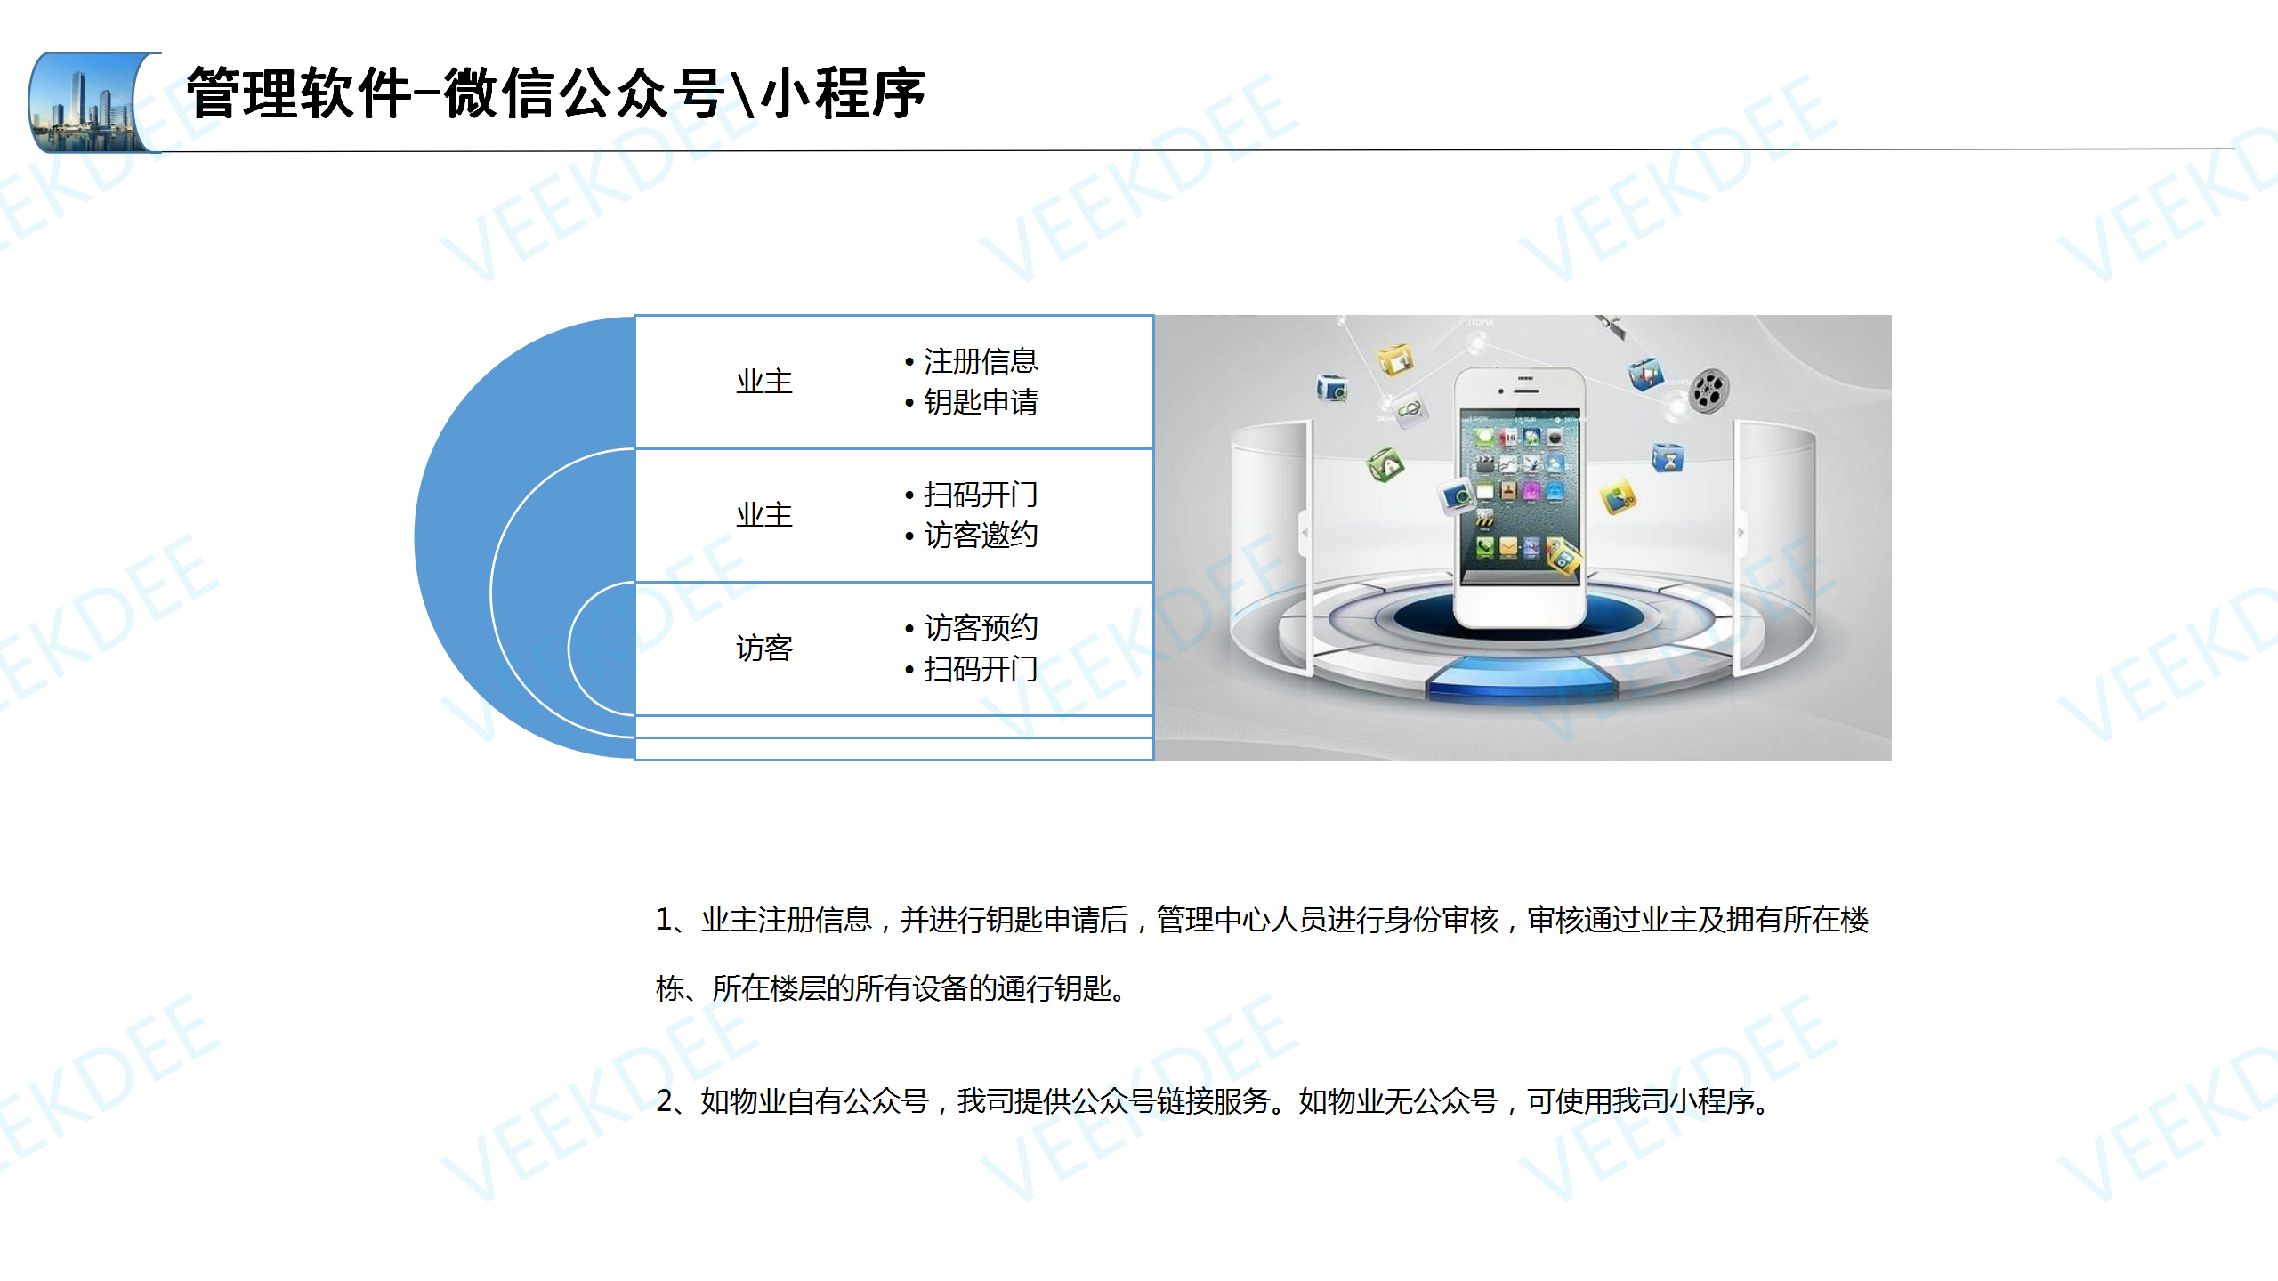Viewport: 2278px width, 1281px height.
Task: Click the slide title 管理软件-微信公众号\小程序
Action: (556, 93)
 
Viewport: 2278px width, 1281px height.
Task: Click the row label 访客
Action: (763, 648)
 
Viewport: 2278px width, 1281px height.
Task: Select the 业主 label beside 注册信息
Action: (763, 382)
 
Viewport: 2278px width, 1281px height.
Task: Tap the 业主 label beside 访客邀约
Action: (763, 515)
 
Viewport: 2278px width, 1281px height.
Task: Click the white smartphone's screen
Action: (1520, 496)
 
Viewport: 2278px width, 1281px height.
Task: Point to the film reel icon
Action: (1708, 391)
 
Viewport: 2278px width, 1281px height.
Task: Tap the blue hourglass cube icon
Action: (1668, 458)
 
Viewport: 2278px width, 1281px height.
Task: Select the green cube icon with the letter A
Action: (1385, 464)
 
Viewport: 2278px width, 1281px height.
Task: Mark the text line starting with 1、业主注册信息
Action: (1262, 920)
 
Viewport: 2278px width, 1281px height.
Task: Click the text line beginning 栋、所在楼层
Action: (893, 988)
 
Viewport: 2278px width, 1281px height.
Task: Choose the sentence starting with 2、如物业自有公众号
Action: (1214, 1101)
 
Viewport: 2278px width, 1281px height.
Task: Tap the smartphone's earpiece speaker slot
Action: (1525, 380)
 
